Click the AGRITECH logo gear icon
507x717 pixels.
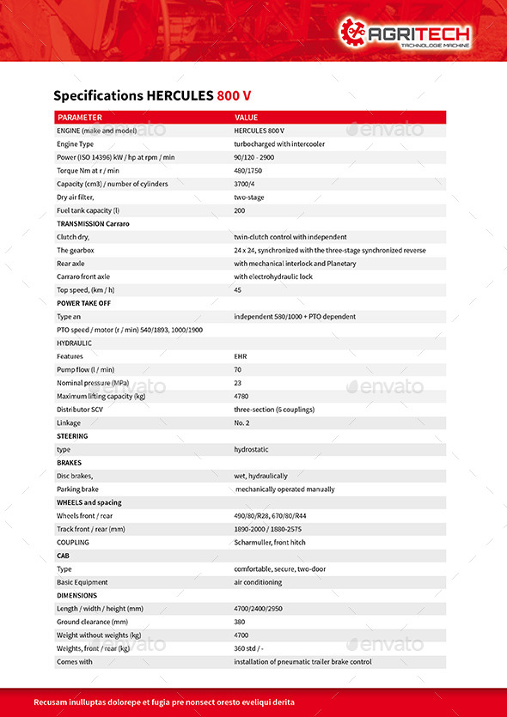click(352, 32)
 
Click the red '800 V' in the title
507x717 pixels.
click(234, 95)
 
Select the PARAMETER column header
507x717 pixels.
click(79, 118)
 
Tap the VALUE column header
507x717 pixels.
click(246, 118)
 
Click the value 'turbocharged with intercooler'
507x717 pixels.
click(279, 144)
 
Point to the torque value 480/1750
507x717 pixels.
click(249, 171)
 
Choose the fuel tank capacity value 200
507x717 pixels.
click(240, 210)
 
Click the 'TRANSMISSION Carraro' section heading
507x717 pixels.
click(93, 223)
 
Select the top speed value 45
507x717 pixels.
click(238, 290)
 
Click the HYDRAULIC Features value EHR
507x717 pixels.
click(241, 356)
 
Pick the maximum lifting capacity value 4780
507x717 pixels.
click(242, 396)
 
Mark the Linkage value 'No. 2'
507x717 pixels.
click(243, 422)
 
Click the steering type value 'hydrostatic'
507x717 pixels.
click(252, 449)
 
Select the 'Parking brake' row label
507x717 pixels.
click(77, 489)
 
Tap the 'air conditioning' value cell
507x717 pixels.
click(259, 582)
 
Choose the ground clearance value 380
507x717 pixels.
click(240, 622)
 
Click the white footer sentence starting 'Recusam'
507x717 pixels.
click(163, 702)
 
